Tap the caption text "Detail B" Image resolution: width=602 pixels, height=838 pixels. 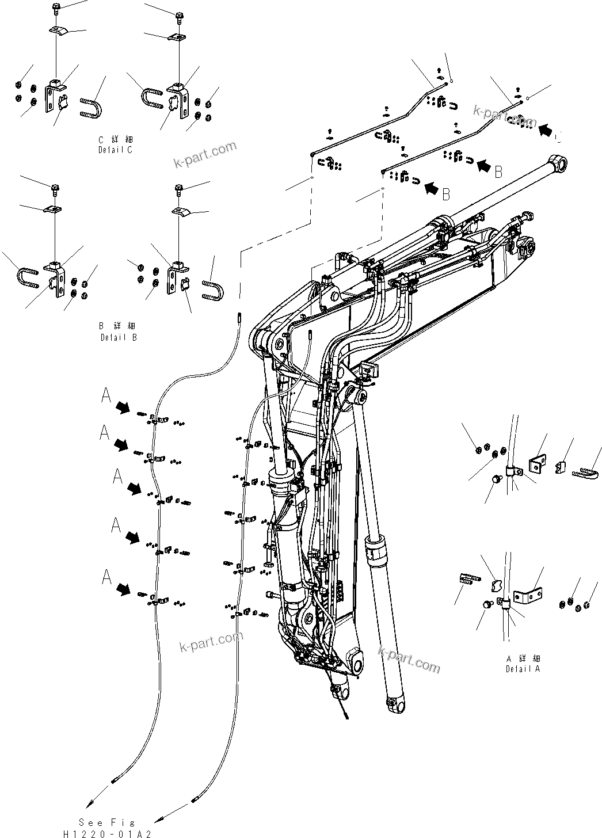(x=119, y=337)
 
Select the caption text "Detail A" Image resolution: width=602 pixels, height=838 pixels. (x=523, y=669)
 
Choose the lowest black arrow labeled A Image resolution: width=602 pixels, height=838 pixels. (x=123, y=589)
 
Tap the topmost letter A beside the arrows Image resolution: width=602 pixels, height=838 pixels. (x=106, y=395)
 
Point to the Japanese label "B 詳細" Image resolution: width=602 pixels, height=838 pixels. (x=117, y=326)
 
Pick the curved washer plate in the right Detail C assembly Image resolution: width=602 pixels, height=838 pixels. (x=176, y=37)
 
